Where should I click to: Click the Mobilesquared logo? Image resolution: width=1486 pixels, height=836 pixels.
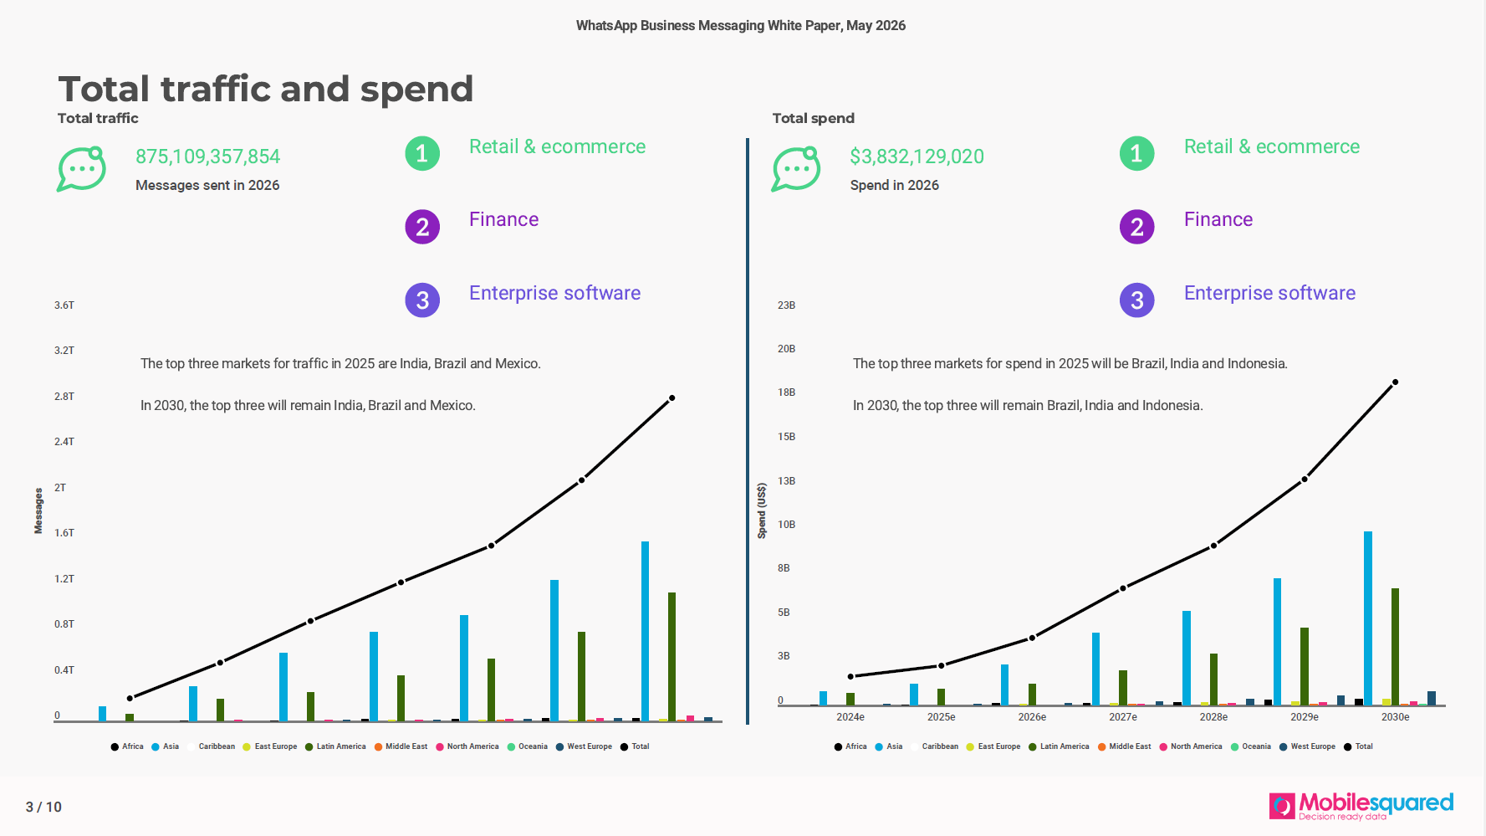pyautogui.click(x=1361, y=806)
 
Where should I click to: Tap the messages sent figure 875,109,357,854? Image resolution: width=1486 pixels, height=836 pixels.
pyautogui.click(x=207, y=156)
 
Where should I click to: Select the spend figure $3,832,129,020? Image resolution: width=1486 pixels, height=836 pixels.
pyautogui.click(x=917, y=156)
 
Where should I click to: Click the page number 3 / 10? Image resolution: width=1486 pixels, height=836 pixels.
pyautogui.click(x=43, y=807)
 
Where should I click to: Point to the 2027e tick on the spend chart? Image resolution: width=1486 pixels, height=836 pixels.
pyautogui.click(x=1123, y=717)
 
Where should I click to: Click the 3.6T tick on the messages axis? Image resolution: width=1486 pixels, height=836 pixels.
pyautogui.click(x=64, y=305)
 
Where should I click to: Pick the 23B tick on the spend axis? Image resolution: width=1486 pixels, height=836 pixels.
pyautogui.click(x=786, y=305)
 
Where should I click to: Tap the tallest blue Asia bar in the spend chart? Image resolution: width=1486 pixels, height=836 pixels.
pyautogui.click(x=1368, y=618)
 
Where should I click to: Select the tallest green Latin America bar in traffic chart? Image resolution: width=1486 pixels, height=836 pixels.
pyautogui.click(x=672, y=657)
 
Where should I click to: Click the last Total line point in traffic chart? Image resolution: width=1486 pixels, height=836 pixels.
pyautogui.click(x=672, y=398)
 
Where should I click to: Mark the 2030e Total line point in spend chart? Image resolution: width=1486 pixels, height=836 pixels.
pyautogui.click(x=1395, y=382)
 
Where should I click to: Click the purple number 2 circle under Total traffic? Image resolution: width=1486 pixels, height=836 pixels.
pyautogui.click(x=422, y=227)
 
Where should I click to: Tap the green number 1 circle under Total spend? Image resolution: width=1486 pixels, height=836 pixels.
pyautogui.click(x=1136, y=153)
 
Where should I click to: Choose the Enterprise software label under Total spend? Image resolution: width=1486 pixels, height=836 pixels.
pyautogui.click(x=1269, y=293)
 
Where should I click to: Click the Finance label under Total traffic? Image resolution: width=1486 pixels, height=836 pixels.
pyautogui.click(x=503, y=219)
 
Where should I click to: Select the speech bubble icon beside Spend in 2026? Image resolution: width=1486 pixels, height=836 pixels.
pyautogui.click(x=795, y=169)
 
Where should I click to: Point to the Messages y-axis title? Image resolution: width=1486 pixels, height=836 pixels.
pyautogui.click(x=38, y=510)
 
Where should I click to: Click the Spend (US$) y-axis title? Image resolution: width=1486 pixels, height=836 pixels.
pyautogui.click(x=761, y=510)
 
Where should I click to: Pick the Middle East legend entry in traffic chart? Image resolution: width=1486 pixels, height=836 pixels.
pyautogui.click(x=401, y=746)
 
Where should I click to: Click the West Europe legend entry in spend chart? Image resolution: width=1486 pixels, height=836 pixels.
pyautogui.click(x=1307, y=746)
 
